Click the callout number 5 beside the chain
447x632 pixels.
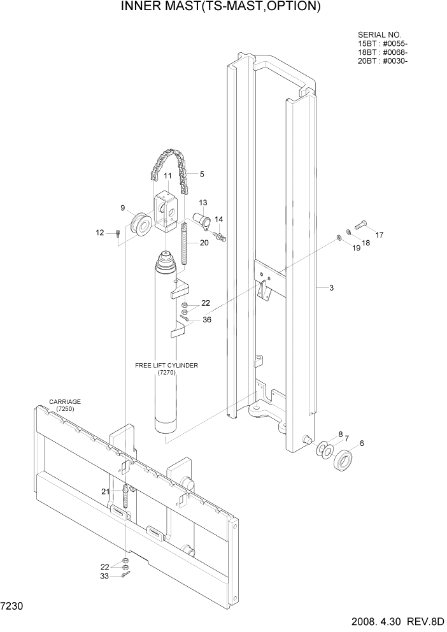202,174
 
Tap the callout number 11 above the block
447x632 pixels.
168,176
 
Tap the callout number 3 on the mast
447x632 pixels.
331,288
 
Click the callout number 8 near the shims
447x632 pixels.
340,433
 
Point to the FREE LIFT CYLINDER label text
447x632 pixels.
167,366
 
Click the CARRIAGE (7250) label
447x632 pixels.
65,405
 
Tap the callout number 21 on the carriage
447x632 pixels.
105,491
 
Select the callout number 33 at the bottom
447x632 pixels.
105,576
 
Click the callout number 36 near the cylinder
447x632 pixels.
207,320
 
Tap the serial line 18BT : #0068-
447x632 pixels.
383,52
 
